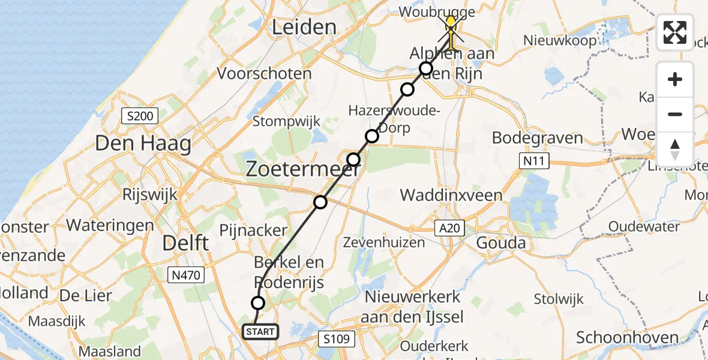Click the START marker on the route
(260, 331)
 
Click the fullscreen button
(675, 32)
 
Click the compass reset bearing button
(675, 149)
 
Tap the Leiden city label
(304, 26)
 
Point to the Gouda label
(501, 243)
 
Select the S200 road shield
(139, 115)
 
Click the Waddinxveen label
(451, 195)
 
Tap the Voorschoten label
(265, 74)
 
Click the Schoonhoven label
(628, 338)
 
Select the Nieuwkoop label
(560, 41)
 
